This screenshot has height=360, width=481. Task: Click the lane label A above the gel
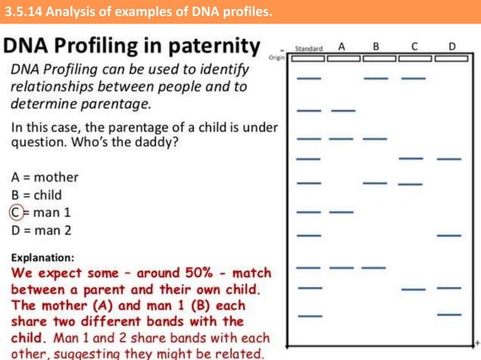point(342,47)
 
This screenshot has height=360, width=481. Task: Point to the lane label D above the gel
point(451,47)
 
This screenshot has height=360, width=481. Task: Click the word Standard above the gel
point(308,48)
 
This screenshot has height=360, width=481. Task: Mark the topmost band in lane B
point(375,78)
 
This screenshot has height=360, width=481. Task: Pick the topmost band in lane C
point(412,78)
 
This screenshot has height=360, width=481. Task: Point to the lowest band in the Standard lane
point(309,316)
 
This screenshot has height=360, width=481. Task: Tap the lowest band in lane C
point(412,288)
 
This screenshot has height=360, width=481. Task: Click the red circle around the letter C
point(17,212)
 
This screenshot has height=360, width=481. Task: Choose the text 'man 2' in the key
point(52,230)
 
